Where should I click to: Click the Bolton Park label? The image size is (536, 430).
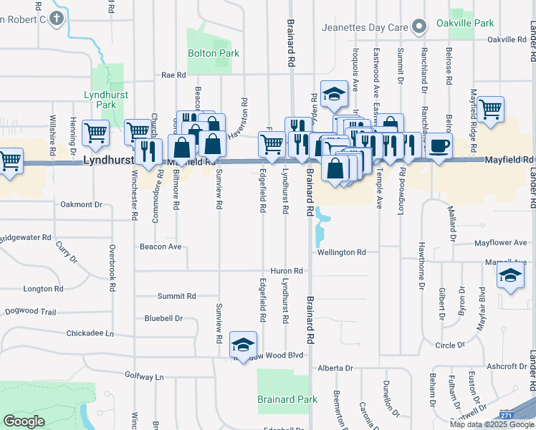click(213, 53)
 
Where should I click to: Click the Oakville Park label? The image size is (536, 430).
click(471, 23)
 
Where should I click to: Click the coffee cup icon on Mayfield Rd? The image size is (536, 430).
click(439, 145)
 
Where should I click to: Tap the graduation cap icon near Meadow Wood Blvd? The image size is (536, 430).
click(243, 344)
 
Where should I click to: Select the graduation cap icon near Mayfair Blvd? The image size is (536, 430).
click(510, 276)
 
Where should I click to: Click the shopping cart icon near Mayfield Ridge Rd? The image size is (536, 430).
click(491, 109)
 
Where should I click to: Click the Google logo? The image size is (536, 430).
click(24, 421)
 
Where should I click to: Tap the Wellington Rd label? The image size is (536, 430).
click(342, 252)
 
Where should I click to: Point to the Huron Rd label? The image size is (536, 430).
click(287, 271)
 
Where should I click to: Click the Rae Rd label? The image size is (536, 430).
click(173, 75)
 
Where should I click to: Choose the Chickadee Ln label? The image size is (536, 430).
click(90, 333)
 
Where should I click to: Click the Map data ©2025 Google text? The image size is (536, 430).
click(492, 424)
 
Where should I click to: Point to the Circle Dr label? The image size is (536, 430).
click(450, 345)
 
